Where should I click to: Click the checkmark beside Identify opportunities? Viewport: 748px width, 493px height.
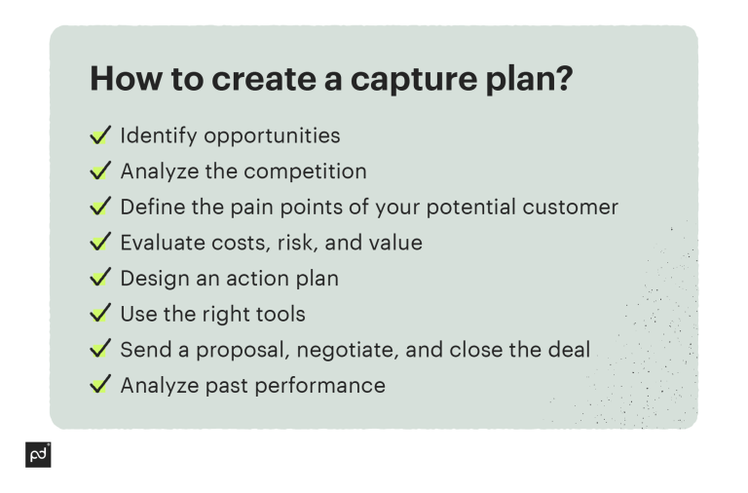tap(100, 135)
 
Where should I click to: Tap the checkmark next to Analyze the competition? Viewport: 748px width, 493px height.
tap(100, 171)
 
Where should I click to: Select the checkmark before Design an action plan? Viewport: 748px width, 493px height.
tap(100, 278)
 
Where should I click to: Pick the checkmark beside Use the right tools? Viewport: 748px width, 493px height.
tap(100, 314)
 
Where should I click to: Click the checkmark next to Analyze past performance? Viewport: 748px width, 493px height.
tap(100, 385)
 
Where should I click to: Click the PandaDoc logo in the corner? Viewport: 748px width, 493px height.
tap(38, 454)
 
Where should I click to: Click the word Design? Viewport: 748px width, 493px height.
tap(153, 279)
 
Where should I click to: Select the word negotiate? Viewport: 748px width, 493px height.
tap(355, 349)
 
